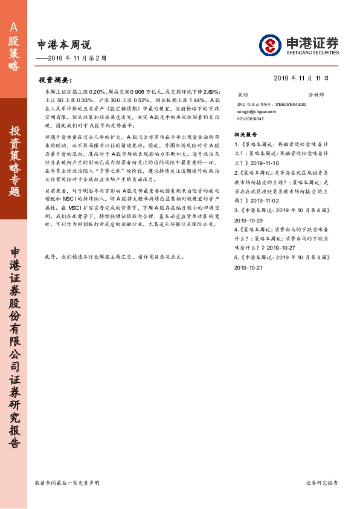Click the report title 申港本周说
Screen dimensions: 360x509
pos(63,44)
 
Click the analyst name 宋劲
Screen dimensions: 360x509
pos(243,95)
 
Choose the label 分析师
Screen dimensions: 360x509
pos(317,95)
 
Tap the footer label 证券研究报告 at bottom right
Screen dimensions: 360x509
pos(322,483)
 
